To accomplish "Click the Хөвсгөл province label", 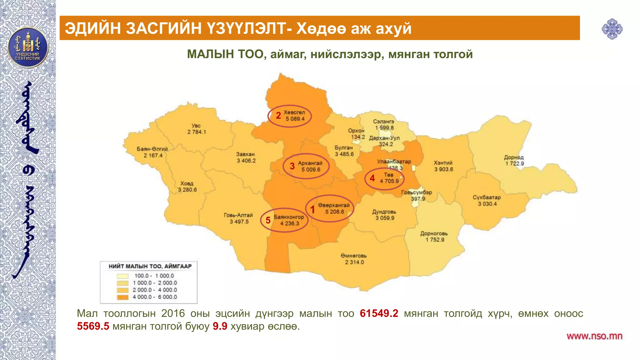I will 294,112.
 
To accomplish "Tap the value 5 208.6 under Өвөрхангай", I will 334,212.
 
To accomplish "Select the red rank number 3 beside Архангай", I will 292,166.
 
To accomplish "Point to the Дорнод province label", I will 514,157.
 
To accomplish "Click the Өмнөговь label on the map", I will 354,256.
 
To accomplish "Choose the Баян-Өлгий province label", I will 152,149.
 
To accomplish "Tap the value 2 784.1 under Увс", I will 197,132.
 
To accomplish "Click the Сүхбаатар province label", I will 487,197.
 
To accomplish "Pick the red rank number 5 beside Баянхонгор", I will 268,220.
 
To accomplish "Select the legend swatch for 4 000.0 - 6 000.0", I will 123,297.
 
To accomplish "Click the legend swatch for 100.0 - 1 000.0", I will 123,276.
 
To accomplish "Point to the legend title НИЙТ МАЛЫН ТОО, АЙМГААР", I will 150,266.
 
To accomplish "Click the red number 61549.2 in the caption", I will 379,313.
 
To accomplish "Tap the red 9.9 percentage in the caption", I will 220,326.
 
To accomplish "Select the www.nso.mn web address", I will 594,336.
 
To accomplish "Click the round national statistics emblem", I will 28,48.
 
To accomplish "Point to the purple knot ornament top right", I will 612,29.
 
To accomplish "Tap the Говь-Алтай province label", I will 238,215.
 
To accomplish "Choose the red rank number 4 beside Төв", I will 372,178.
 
